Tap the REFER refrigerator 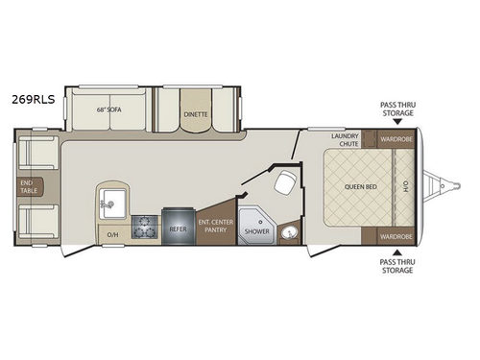click(178, 230)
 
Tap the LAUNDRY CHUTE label click(344, 141)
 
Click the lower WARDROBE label click(395, 235)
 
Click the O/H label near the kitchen click(111, 234)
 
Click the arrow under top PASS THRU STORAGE click(396, 121)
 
